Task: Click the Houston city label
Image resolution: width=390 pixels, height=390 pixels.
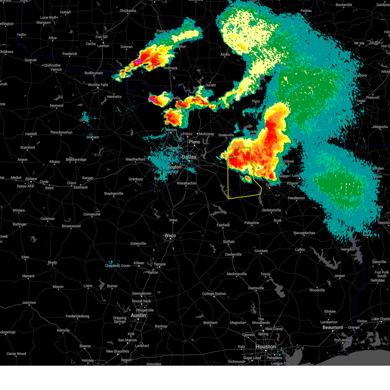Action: point(266,347)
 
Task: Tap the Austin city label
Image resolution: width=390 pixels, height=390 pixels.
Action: point(138,315)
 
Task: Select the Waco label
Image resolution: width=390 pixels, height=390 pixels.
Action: point(170,236)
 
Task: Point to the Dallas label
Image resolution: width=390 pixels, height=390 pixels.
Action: point(189,157)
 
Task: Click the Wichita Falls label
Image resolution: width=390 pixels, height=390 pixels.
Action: point(98,85)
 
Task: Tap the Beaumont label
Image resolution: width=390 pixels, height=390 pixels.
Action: point(332,327)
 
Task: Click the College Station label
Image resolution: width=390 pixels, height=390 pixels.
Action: point(214,294)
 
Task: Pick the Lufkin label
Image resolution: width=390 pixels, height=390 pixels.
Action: point(300,250)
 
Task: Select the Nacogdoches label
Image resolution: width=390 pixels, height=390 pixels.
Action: point(304,233)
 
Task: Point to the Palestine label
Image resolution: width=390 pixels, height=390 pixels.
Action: point(252,223)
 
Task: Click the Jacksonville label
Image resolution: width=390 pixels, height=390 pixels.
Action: point(271,210)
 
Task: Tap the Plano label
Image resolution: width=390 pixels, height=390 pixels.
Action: point(194,142)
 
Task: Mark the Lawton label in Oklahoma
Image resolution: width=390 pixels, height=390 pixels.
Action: point(103,46)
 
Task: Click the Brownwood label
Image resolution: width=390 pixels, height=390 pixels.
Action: point(71,226)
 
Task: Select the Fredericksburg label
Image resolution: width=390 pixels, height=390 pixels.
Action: point(77,316)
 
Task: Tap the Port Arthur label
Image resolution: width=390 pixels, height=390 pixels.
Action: point(343,340)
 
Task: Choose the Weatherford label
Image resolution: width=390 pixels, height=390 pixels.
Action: point(135,159)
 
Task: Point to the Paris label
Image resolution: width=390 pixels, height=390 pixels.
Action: point(256,101)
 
